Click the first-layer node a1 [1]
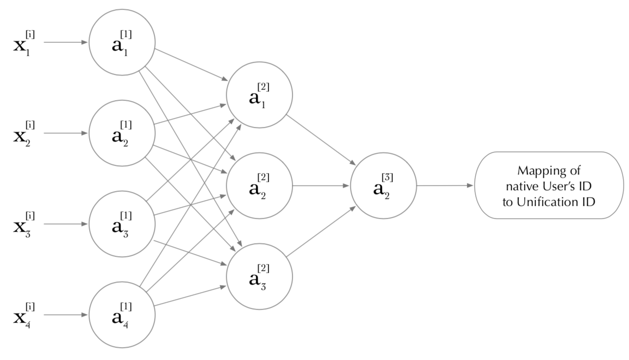point(122,42)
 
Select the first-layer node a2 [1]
point(122,133)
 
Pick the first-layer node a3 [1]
point(122,224)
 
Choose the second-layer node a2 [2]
point(259,186)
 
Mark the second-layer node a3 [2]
point(259,276)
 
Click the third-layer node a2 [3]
point(383,186)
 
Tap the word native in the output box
point(518,186)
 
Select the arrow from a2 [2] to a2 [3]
point(321,186)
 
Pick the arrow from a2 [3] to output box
point(445,186)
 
